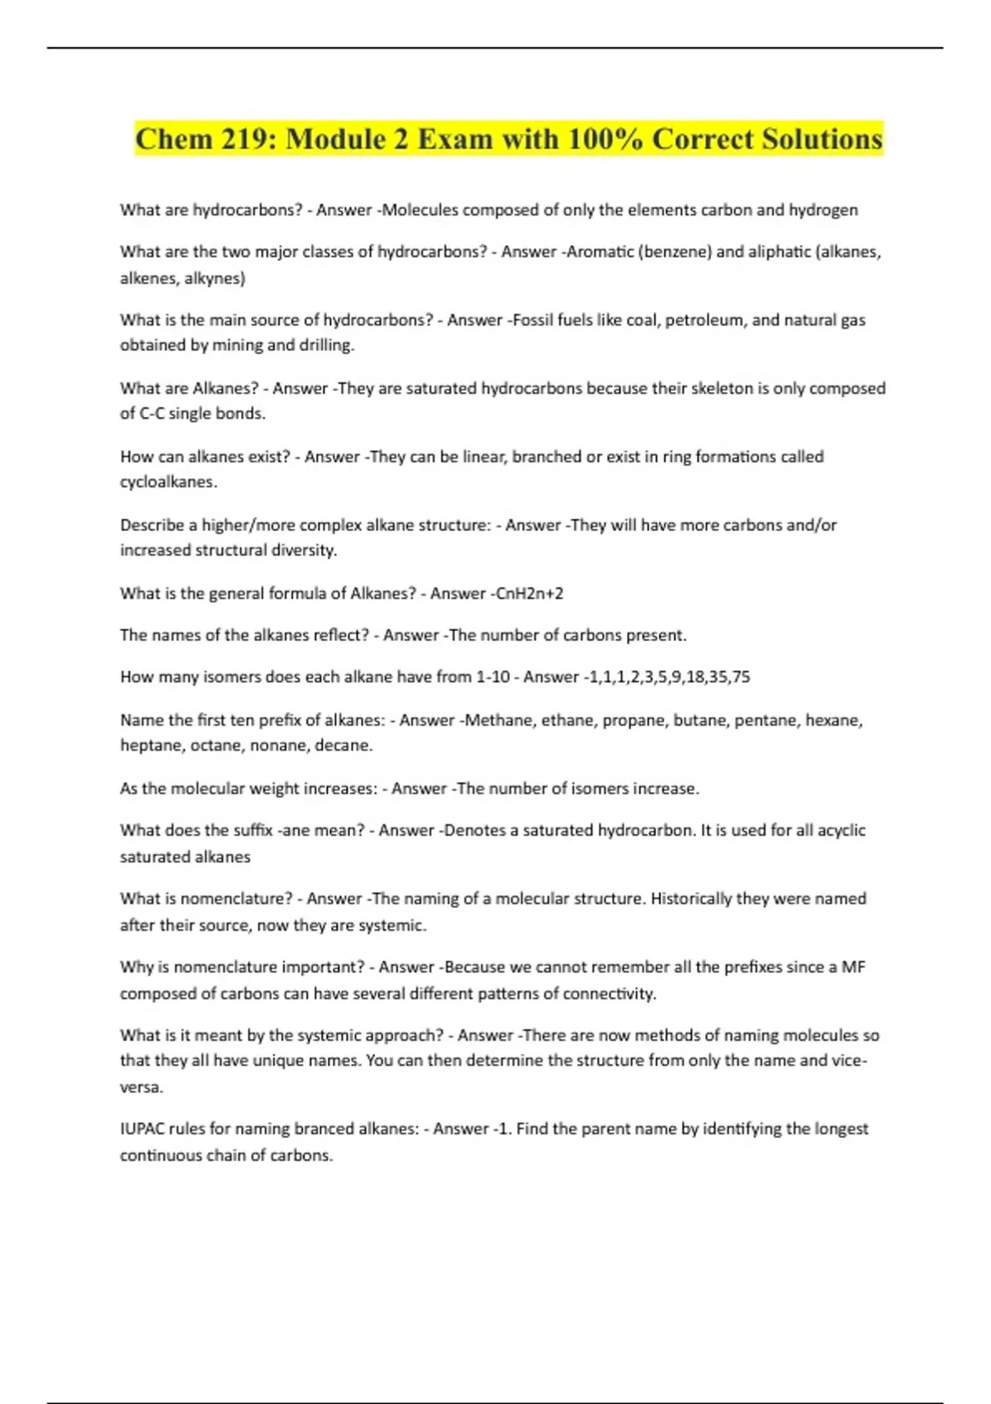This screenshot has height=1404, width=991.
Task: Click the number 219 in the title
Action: click(238, 140)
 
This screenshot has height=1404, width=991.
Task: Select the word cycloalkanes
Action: click(168, 482)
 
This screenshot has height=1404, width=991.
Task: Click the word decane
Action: click(346, 746)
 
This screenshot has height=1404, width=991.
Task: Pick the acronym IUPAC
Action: click(142, 1129)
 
